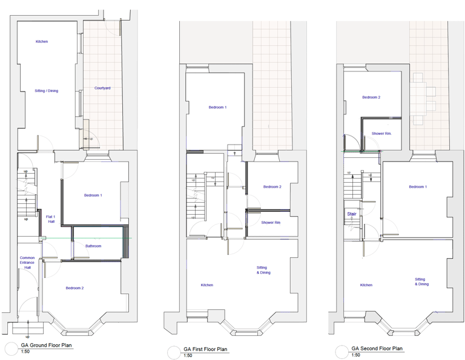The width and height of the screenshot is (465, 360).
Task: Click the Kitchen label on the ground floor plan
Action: point(42,42)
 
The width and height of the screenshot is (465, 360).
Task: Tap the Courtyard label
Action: point(102,88)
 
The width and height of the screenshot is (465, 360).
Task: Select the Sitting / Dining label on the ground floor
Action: point(47,91)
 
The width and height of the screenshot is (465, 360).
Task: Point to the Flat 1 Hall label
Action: point(51,219)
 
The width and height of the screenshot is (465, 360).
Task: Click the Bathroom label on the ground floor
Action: point(93,246)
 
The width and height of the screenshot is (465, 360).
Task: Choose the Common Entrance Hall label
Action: point(27,263)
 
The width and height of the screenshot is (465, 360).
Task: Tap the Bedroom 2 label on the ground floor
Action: point(75,288)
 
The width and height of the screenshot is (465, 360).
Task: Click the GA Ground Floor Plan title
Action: point(47,345)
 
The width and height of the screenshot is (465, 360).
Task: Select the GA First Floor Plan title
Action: point(205,349)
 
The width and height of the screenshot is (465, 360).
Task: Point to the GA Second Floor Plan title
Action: point(377,349)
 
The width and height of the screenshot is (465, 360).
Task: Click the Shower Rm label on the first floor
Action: point(271,223)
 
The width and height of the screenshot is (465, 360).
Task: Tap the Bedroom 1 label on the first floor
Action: point(217,107)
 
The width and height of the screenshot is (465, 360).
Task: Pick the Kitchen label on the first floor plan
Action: point(207,285)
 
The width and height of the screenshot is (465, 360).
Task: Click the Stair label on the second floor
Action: point(352,214)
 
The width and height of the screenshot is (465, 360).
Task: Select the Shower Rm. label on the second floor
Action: point(381,133)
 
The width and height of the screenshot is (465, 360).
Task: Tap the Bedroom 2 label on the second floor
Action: point(371,97)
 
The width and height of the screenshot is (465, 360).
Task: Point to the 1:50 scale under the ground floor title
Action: point(25,352)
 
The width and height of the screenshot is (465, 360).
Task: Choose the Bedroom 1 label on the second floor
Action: point(417,187)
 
